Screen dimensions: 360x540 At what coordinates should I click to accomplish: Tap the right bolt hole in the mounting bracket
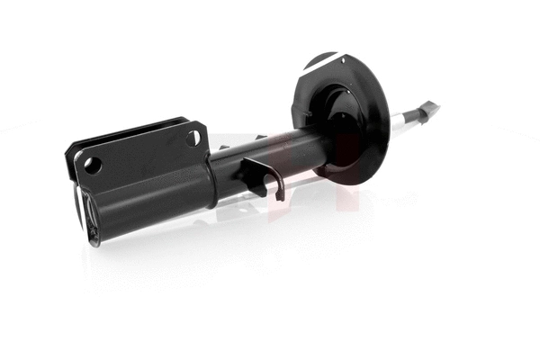point(192,138)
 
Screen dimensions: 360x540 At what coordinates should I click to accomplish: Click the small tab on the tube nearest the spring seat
point(260,136)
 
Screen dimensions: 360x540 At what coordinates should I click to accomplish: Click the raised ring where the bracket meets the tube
point(214,180)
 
